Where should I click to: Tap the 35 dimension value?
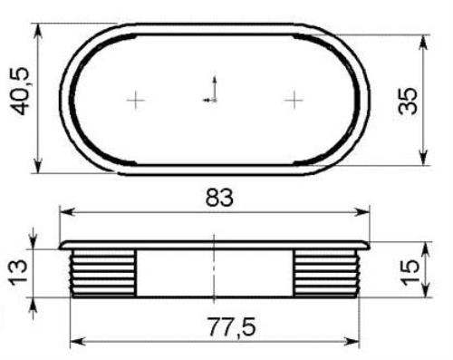[408, 102]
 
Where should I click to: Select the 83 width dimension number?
[219, 198]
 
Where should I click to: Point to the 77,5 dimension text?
[232, 326]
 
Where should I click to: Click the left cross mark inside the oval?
[136, 100]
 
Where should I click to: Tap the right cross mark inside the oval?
[294, 100]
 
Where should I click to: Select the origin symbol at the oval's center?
[211, 90]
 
